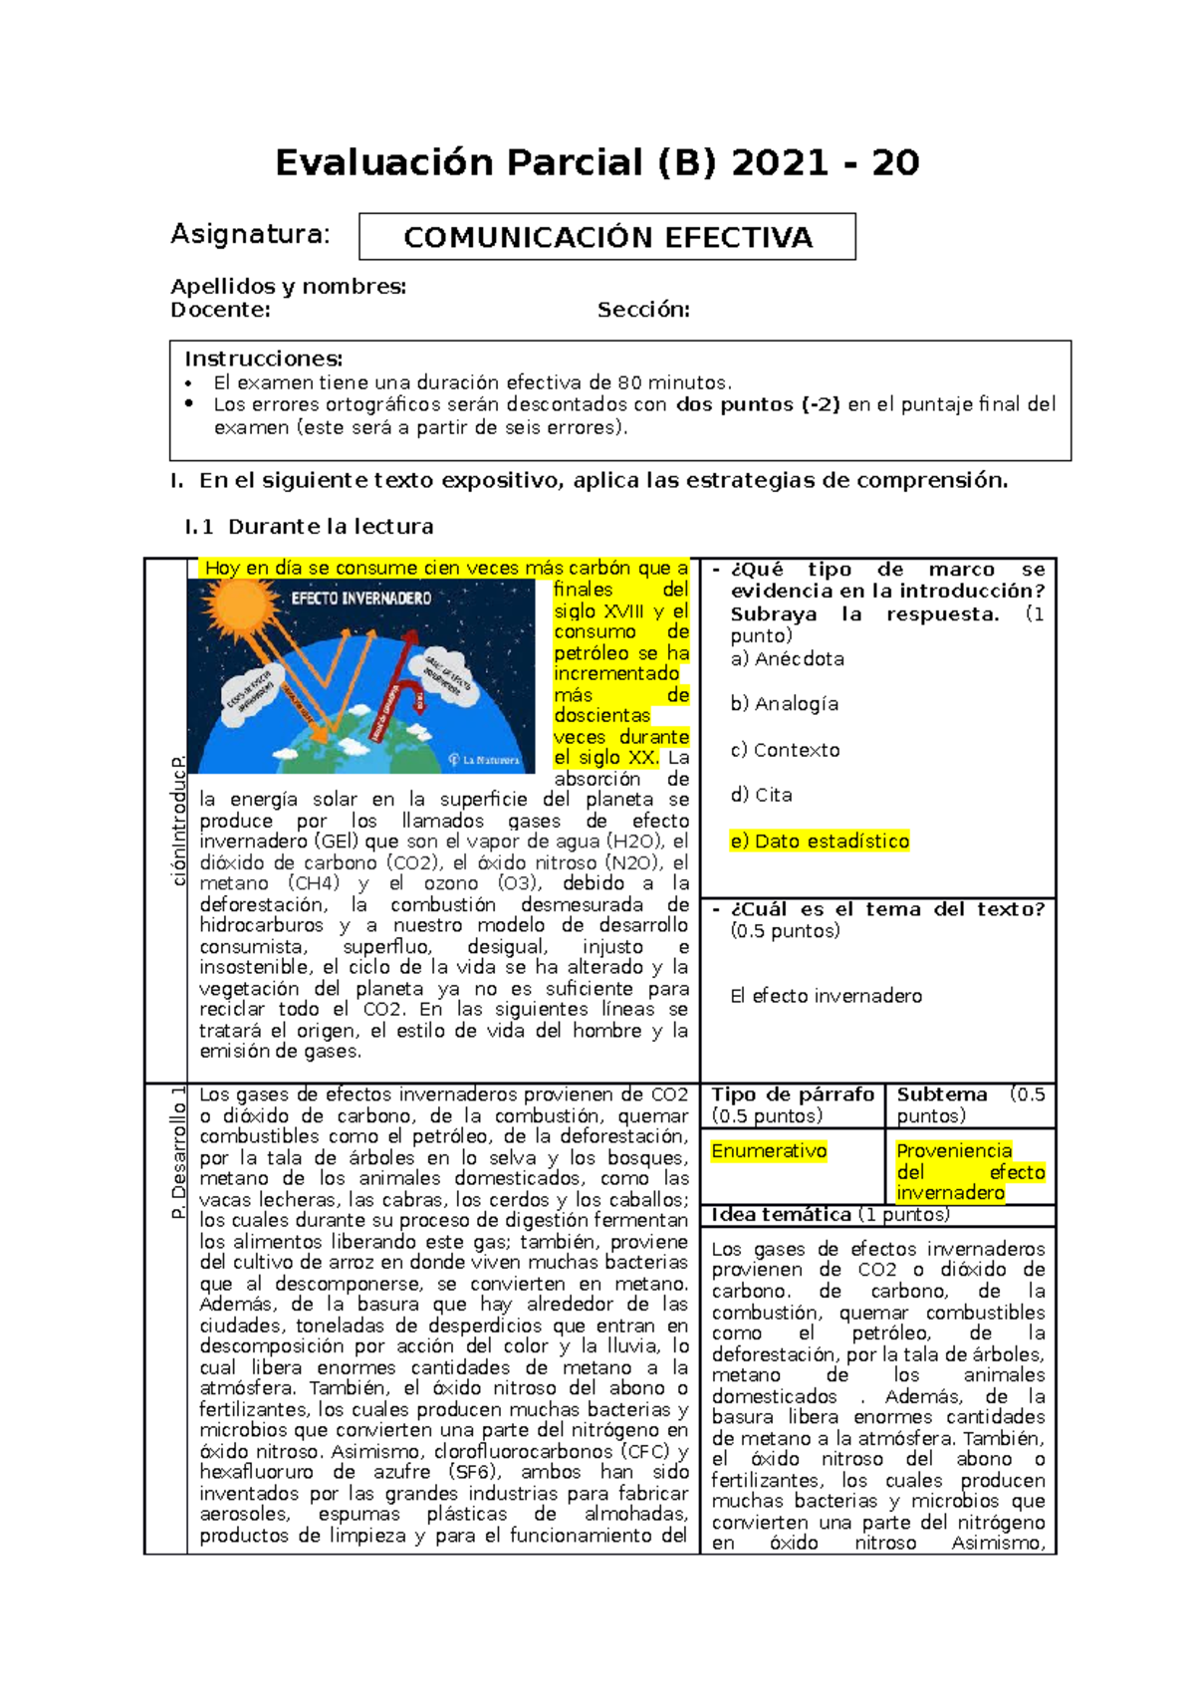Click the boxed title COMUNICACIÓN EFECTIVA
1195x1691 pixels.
click(607, 237)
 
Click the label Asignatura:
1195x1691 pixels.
click(250, 234)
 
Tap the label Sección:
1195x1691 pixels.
click(643, 310)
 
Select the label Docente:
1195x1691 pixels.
click(220, 310)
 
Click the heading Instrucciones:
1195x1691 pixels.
click(263, 359)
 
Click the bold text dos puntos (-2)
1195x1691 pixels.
click(758, 404)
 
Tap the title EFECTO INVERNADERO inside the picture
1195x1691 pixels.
click(361, 599)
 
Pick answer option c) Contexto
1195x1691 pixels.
click(785, 750)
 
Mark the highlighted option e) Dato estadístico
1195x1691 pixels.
click(820, 842)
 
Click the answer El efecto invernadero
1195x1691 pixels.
click(826, 996)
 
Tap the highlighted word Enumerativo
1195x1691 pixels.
click(769, 1151)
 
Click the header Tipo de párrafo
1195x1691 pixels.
click(793, 1094)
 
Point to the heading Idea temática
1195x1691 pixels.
click(781, 1215)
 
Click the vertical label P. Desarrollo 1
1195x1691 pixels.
click(178, 1152)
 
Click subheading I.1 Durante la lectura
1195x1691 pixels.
click(309, 527)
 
